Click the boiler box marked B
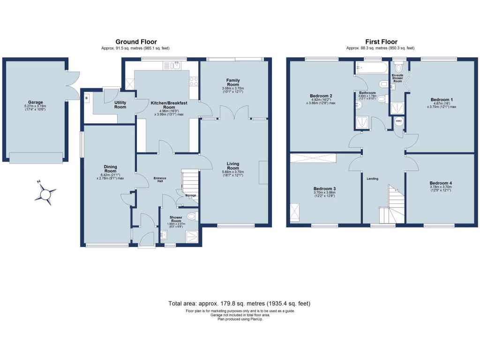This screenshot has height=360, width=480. pyautogui.click(x=87, y=98)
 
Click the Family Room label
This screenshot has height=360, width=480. pyautogui.click(x=233, y=82)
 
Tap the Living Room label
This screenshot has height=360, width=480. pyautogui.click(x=233, y=165)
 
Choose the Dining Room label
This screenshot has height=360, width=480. pyautogui.click(x=111, y=169)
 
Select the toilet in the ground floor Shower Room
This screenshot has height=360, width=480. pyautogui.click(x=191, y=216)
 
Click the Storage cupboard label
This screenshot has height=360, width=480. pyautogui.click(x=190, y=195)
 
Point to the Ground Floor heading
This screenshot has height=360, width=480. pyautogui.click(x=136, y=42)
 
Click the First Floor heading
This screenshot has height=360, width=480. pyautogui.click(x=380, y=42)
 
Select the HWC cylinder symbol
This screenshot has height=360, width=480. pyautogui.click(x=398, y=121)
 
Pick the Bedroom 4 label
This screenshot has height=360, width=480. pyautogui.click(x=441, y=183)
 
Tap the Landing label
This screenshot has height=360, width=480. pyautogui.click(x=372, y=179)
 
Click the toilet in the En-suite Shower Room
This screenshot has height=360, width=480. pyautogui.click(x=399, y=68)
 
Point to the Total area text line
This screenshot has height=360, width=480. pyautogui.click(x=240, y=304)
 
